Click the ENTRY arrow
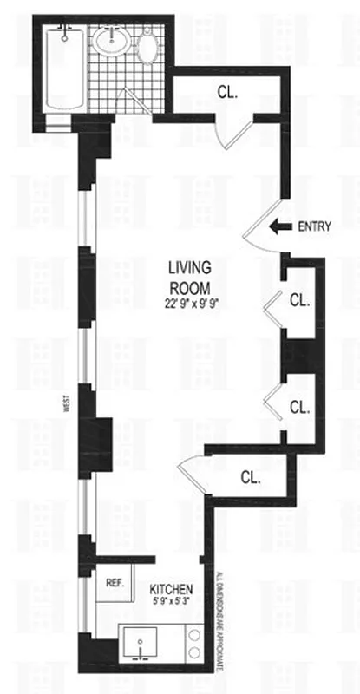[x=278, y=227]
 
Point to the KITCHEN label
[x=168, y=590]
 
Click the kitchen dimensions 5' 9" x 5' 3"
[x=169, y=604]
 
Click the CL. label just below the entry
[x=299, y=302]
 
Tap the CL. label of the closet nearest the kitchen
[x=251, y=476]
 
